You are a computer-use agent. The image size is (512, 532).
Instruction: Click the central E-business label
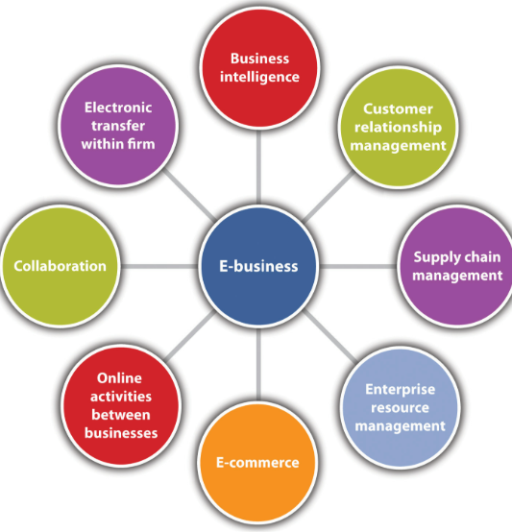tap(258, 266)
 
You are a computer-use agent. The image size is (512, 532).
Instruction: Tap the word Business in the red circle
tap(260, 59)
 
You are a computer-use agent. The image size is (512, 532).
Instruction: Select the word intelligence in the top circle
tap(259, 77)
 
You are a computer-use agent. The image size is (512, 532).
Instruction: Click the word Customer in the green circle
tap(398, 109)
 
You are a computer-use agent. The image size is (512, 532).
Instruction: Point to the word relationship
tap(398, 127)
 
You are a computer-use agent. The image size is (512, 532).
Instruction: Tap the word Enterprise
tap(400, 390)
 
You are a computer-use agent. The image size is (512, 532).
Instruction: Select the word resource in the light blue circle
tap(400, 407)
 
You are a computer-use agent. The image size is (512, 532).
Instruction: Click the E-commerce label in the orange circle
tap(257, 463)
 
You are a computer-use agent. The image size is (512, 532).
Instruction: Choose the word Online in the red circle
tap(119, 378)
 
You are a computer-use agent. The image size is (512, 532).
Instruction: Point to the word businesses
tap(121, 433)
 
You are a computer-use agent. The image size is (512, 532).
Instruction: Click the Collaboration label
tap(61, 266)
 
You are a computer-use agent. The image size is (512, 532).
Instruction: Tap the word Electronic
tap(118, 108)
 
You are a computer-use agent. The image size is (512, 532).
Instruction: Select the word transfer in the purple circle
tap(118, 126)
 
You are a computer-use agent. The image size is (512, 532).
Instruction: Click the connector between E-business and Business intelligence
tap(258, 167)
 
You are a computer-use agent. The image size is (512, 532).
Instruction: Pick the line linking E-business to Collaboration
tap(159, 266)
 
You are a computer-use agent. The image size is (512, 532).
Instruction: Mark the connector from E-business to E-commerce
tap(258, 365)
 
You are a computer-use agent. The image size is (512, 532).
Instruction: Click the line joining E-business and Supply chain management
tap(358, 267)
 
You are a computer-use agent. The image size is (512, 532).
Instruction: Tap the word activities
tap(121, 397)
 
